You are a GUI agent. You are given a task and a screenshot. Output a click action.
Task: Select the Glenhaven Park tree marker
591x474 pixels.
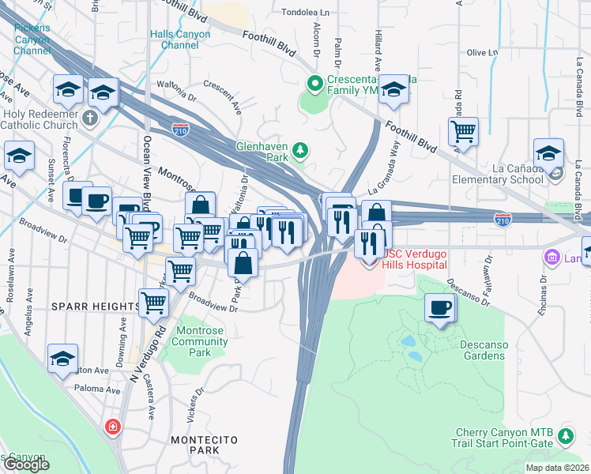point(299,150)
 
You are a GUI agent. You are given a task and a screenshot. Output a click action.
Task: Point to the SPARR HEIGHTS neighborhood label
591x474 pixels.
point(95,306)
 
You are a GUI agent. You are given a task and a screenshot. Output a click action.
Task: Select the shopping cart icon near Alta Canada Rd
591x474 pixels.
point(463,131)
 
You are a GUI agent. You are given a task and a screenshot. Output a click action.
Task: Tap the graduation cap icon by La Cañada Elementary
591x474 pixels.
point(548,153)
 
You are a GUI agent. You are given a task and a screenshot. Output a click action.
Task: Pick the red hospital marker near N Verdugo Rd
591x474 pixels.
point(114,427)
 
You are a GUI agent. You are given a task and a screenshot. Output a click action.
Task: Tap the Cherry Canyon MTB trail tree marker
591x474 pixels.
point(565,436)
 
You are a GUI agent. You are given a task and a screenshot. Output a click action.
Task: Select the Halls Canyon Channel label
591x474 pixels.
point(181,39)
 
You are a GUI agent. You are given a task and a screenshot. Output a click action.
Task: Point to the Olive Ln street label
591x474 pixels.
point(482,53)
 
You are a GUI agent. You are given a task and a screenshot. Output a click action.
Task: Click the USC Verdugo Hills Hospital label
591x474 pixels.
point(415,259)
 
